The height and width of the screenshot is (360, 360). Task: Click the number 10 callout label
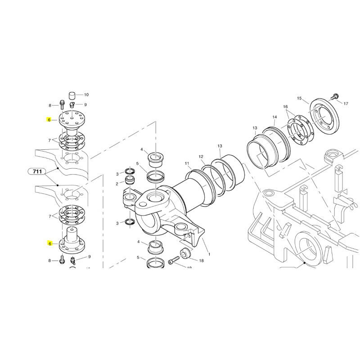86,95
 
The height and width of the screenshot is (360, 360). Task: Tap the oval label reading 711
38,171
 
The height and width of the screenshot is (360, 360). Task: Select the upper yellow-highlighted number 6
49,120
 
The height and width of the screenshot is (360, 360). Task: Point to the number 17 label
346,104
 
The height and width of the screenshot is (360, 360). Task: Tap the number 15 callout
299,98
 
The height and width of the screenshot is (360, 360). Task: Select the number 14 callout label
274,117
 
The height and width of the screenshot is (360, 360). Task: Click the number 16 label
285,107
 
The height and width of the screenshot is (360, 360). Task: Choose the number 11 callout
187,162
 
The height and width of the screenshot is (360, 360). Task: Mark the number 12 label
201,157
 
